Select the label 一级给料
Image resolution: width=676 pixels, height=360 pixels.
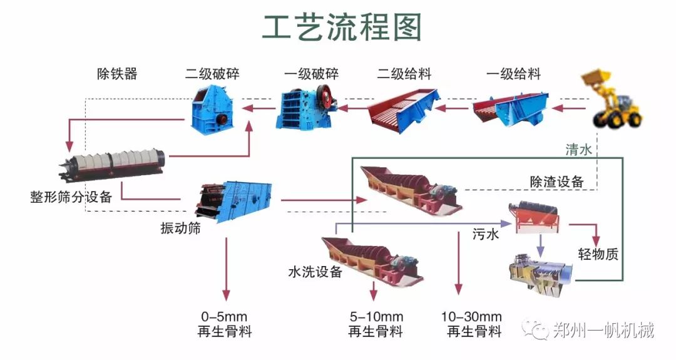[x=513, y=75]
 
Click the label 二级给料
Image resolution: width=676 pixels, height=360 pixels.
[x=404, y=75]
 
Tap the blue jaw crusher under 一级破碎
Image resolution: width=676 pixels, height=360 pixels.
[x=307, y=108]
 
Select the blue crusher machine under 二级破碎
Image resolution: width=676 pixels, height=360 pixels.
[x=212, y=109]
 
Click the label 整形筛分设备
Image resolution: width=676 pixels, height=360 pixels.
[x=71, y=197]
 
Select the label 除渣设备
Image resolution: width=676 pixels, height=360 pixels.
[x=556, y=182]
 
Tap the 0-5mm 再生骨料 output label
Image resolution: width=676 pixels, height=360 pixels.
[x=225, y=324]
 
